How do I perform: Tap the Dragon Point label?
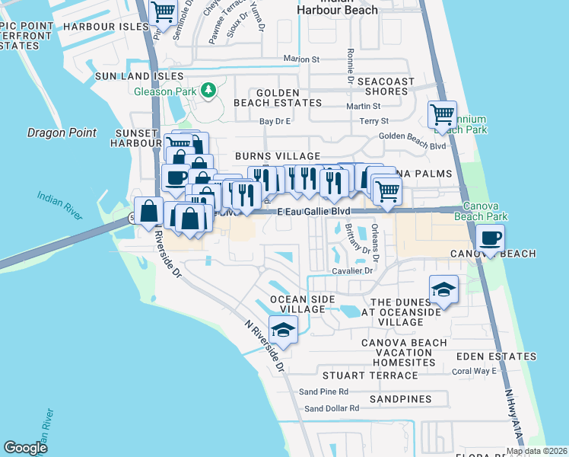tap(62, 133)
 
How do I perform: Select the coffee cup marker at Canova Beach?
tap(490, 239)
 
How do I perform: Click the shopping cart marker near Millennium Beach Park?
tap(442, 115)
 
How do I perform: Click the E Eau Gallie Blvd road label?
tap(313, 211)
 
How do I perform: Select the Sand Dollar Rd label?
tap(332, 409)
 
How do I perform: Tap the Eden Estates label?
tap(496, 356)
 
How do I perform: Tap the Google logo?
tap(25, 448)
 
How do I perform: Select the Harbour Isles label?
tap(106, 27)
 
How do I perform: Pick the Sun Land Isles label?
tap(139, 76)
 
